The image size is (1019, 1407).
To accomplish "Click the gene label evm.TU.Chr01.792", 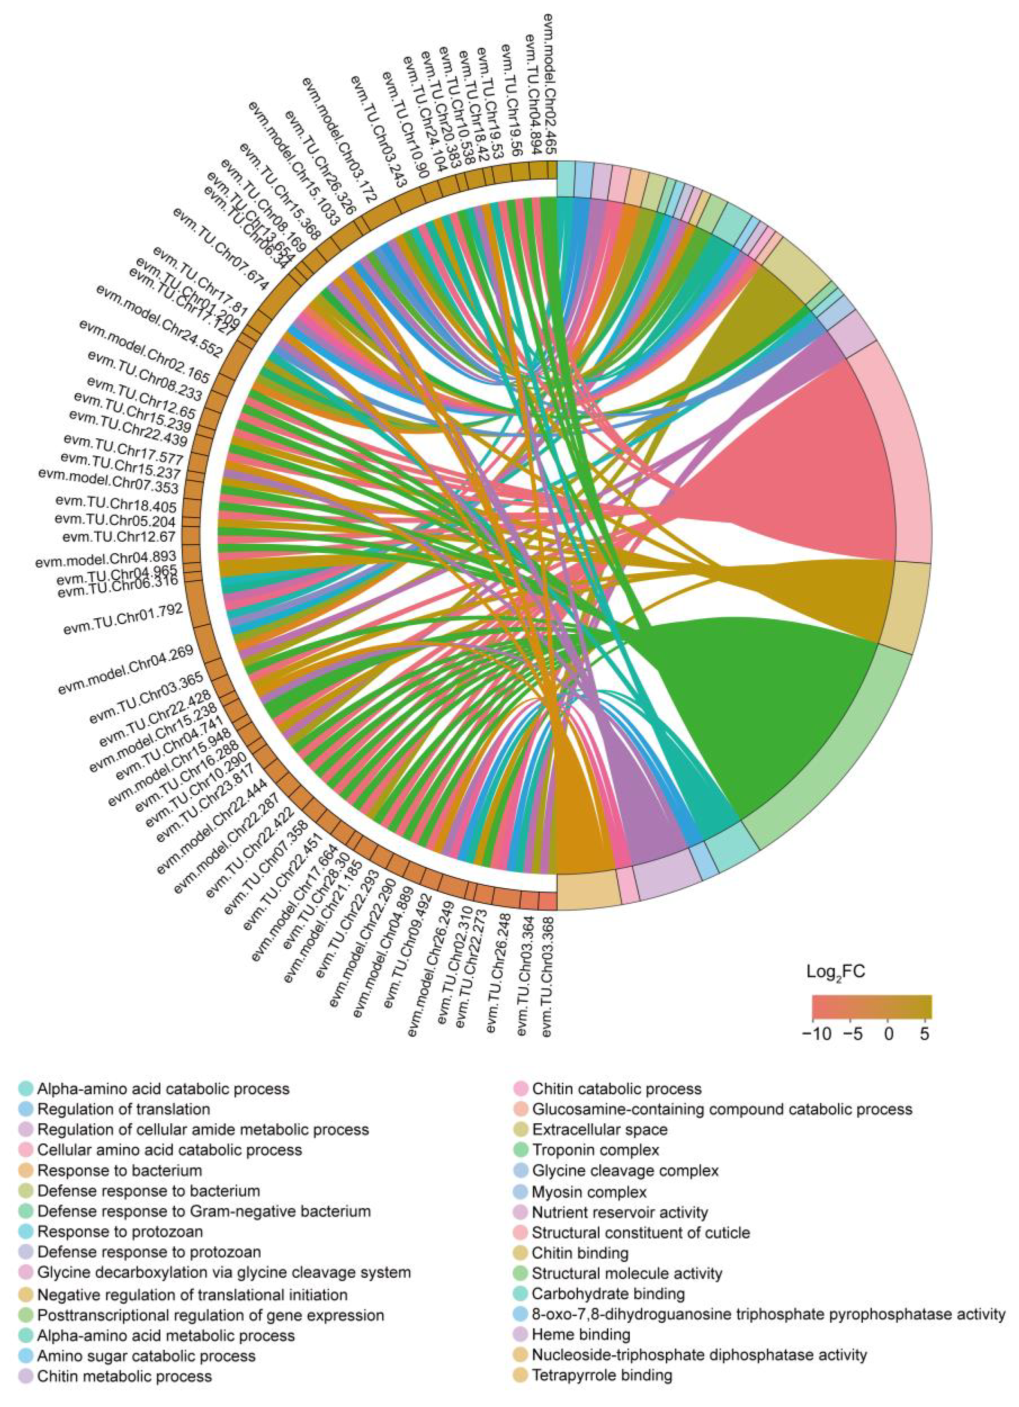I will [x=123, y=620].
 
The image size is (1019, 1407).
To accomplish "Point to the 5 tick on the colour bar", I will [x=926, y=1034].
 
